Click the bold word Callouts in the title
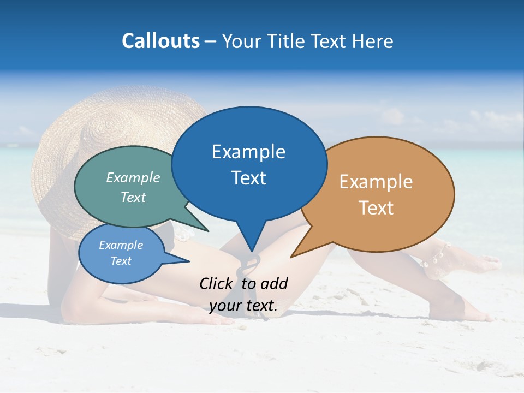pos(160,41)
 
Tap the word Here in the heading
pos(373,41)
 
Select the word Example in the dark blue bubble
pos(248,152)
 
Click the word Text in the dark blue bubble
pos(248,178)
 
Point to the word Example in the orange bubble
pos(376,182)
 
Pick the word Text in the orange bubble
pos(376,208)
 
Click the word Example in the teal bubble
pos(133,177)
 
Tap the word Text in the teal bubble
pos(133,197)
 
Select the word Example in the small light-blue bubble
pos(121,245)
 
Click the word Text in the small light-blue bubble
pos(121,261)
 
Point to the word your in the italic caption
pos(225,306)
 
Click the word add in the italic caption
pos(274,283)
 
